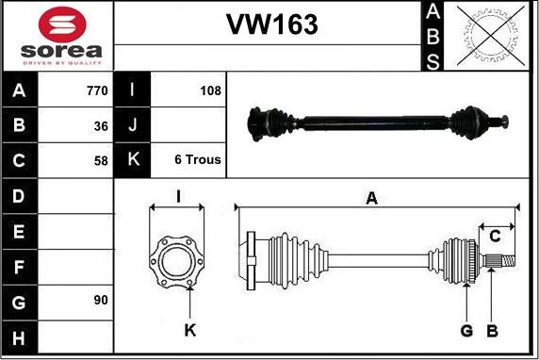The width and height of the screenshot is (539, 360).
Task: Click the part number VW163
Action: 272,25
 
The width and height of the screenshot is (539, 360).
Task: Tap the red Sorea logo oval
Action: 62,25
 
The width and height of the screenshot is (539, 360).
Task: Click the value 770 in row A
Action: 97,90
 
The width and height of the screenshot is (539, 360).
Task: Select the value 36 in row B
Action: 101,126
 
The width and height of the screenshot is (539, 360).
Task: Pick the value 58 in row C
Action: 101,161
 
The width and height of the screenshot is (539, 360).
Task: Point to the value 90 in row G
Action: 101,301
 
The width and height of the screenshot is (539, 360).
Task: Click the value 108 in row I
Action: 211,90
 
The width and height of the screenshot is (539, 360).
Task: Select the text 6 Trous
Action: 198,159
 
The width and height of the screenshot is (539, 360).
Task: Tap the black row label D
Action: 19,196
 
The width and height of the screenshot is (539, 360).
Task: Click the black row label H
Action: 19,337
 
